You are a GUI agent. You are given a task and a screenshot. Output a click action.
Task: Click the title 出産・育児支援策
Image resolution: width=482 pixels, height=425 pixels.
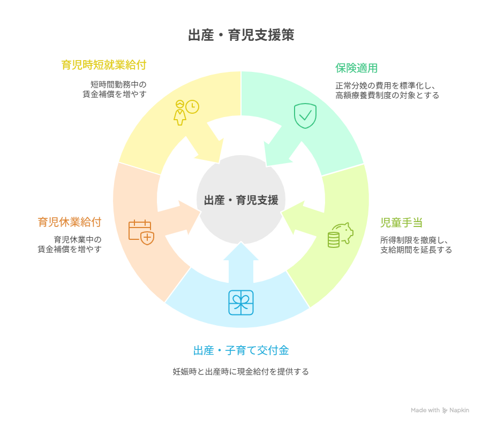click(241, 36)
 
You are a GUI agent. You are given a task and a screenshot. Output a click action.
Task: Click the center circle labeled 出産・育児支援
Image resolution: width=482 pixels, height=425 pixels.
click(241, 200)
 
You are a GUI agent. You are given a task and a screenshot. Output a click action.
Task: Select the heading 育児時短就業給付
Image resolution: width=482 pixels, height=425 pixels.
click(104, 65)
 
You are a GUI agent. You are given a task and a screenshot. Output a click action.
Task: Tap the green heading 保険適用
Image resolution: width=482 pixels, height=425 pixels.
click(357, 68)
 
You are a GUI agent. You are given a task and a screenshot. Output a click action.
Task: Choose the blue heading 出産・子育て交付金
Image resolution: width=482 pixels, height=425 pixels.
click(241, 350)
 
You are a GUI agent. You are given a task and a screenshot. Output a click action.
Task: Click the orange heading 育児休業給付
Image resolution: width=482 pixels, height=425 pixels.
click(70, 222)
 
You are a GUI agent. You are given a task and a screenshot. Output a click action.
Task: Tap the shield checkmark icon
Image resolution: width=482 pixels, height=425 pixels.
click(305, 115)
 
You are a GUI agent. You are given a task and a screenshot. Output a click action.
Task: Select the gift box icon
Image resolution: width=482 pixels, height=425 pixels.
click(241, 303)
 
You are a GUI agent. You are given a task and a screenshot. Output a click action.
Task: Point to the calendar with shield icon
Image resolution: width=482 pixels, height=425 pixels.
click(141, 232)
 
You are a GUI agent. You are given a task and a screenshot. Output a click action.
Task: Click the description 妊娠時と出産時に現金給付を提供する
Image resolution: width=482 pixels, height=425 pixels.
click(240, 371)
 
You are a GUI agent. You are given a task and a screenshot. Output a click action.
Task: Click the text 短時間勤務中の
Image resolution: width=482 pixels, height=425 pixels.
click(118, 84)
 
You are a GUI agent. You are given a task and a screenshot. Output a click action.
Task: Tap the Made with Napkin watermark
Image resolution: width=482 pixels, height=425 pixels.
click(440, 410)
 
